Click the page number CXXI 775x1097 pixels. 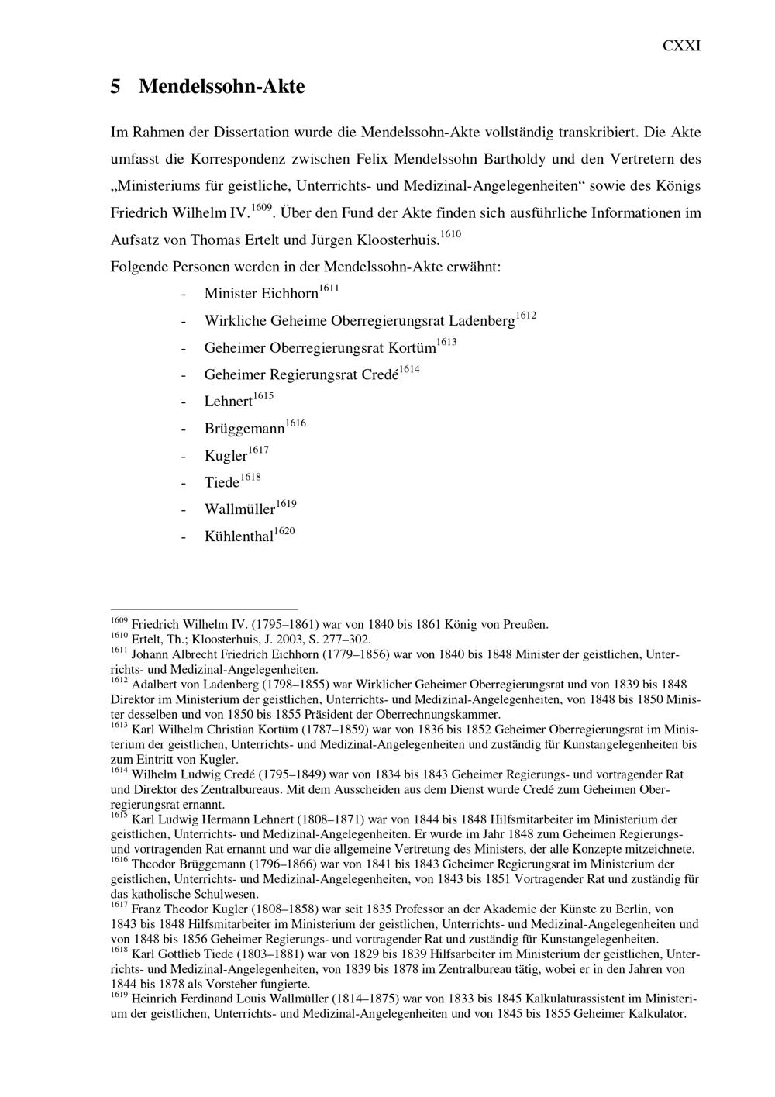681,46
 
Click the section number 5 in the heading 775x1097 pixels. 115,87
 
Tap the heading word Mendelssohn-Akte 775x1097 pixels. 222,87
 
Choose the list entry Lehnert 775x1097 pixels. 228,402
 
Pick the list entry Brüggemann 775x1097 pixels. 244,429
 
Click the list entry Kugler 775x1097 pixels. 226,456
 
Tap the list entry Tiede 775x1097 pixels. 222,483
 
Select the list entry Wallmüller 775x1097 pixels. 239,509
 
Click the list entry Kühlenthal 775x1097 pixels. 239,536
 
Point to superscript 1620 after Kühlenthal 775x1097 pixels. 284,531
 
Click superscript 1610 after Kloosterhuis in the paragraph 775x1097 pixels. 451,234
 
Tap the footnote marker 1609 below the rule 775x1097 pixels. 119,620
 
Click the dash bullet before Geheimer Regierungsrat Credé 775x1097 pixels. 184,375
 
